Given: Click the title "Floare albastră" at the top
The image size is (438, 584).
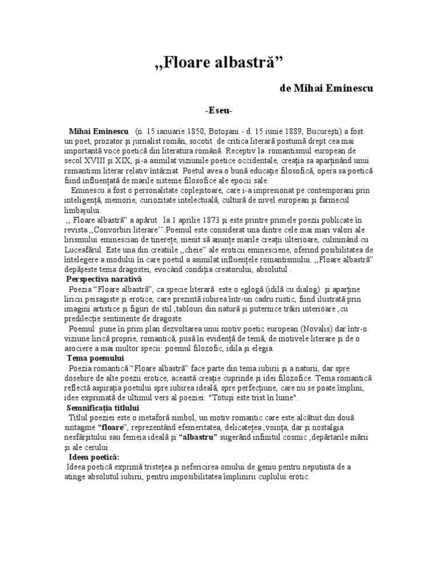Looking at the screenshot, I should [x=219, y=61].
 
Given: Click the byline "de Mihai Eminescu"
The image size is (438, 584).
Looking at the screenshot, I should [x=327, y=89].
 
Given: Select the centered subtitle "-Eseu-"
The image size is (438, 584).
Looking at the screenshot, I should [x=218, y=110].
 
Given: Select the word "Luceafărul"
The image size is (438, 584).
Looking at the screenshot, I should [x=86, y=250].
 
